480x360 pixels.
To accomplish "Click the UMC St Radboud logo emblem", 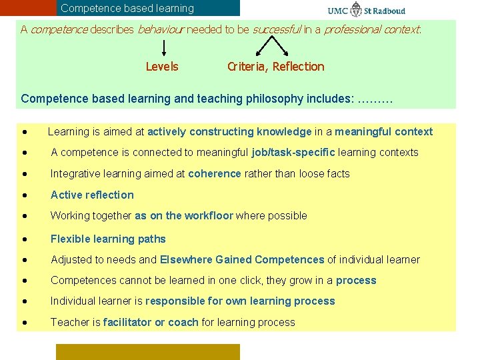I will tap(357, 10).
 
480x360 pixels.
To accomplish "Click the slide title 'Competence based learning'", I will tap(127, 9).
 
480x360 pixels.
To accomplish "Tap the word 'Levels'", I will tap(162, 66).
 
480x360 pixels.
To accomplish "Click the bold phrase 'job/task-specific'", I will tap(293, 152).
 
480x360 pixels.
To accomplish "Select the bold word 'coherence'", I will tap(214, 173).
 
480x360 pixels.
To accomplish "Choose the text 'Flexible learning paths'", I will tap(108, 239).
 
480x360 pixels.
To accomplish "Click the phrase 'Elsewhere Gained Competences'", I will tap(241, 259).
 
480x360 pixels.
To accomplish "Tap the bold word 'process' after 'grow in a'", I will tap(356, 280).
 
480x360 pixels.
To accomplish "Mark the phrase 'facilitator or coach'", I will tap(151, 322).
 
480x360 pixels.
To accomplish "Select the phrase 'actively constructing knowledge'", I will tap(229, 131).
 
